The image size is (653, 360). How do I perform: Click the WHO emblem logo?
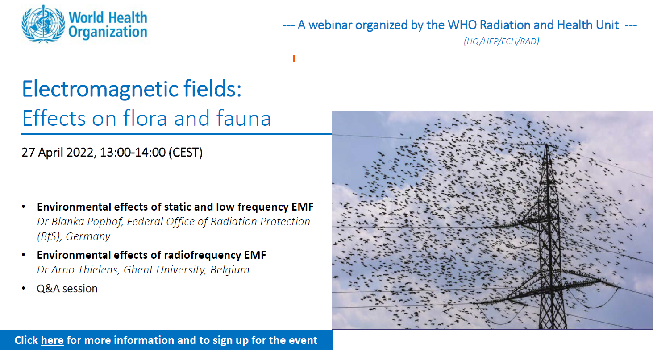43,24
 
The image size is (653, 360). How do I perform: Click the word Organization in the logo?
108,32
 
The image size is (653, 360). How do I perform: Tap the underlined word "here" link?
52,340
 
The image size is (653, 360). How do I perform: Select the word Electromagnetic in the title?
100,89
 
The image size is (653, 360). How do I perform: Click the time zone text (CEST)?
186,153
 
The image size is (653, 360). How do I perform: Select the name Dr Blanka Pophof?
79,222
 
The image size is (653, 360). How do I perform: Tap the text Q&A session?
67,289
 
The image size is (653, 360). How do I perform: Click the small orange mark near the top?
294,58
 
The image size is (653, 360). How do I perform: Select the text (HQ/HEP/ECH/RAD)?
501,41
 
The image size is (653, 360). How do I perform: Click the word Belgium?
230,270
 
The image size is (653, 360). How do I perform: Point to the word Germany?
88,236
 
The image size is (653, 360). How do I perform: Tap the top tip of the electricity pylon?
547,145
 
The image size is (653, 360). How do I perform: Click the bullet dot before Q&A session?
24,288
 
